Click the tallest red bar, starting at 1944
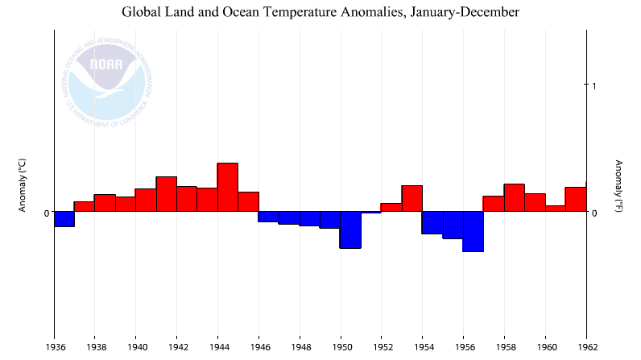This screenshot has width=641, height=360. pos(227,188)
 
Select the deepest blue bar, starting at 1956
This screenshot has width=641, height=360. pos(473,232)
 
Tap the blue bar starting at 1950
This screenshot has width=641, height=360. pos(350,230)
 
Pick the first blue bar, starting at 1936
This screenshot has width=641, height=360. pos(64,219)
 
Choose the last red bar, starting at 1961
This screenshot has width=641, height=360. pos(575,200)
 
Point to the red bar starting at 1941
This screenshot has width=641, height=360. pos(166,194)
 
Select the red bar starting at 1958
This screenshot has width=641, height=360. pos(514,198)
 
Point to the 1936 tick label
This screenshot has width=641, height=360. pos(54,347)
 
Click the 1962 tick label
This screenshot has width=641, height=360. pos(585,347)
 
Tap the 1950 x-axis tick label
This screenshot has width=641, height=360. pos(340,347)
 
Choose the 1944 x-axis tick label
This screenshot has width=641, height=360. pos(217,347)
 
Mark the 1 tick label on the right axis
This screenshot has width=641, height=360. pos(594,85)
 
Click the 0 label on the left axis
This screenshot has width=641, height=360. pos(47,213)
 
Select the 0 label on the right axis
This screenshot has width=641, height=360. pos(594,213)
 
